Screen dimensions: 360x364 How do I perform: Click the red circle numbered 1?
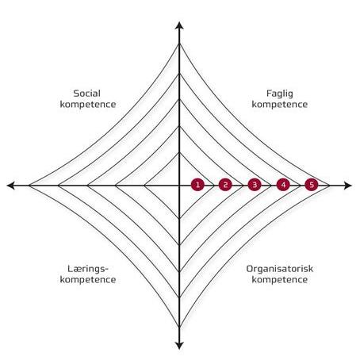coord(197,185)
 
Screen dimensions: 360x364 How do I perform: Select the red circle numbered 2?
coord(225,185)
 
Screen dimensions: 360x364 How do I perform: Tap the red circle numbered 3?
coord(255,185)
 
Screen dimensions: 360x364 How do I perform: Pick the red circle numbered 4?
coord(283,185)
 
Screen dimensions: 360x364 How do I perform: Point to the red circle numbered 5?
coord(312,185)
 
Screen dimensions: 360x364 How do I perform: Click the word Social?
coord(87,94)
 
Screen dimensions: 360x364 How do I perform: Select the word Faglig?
coord(280,94)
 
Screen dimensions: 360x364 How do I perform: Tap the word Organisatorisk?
coord(280,269)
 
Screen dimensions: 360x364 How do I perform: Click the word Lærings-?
coord(88,270)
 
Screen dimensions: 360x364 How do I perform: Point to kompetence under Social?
coord(88,105)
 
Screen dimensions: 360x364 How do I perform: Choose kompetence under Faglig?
coord(280,105)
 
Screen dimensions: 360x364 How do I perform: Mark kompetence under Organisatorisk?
coord(280,280)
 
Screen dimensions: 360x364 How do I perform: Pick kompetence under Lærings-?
coord(88,280)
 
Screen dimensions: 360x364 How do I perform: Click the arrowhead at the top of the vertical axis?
coord(179,25)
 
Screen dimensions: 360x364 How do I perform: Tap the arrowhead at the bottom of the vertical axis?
coord(179,346)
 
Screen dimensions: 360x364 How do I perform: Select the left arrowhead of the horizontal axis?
coord(10,186)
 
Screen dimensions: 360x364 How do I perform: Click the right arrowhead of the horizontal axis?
coord(348,186)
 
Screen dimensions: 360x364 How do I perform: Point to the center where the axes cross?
coord(179,186)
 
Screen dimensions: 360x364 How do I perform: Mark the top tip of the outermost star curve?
coord(179,44)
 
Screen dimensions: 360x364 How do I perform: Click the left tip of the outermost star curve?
coord(29,186)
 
